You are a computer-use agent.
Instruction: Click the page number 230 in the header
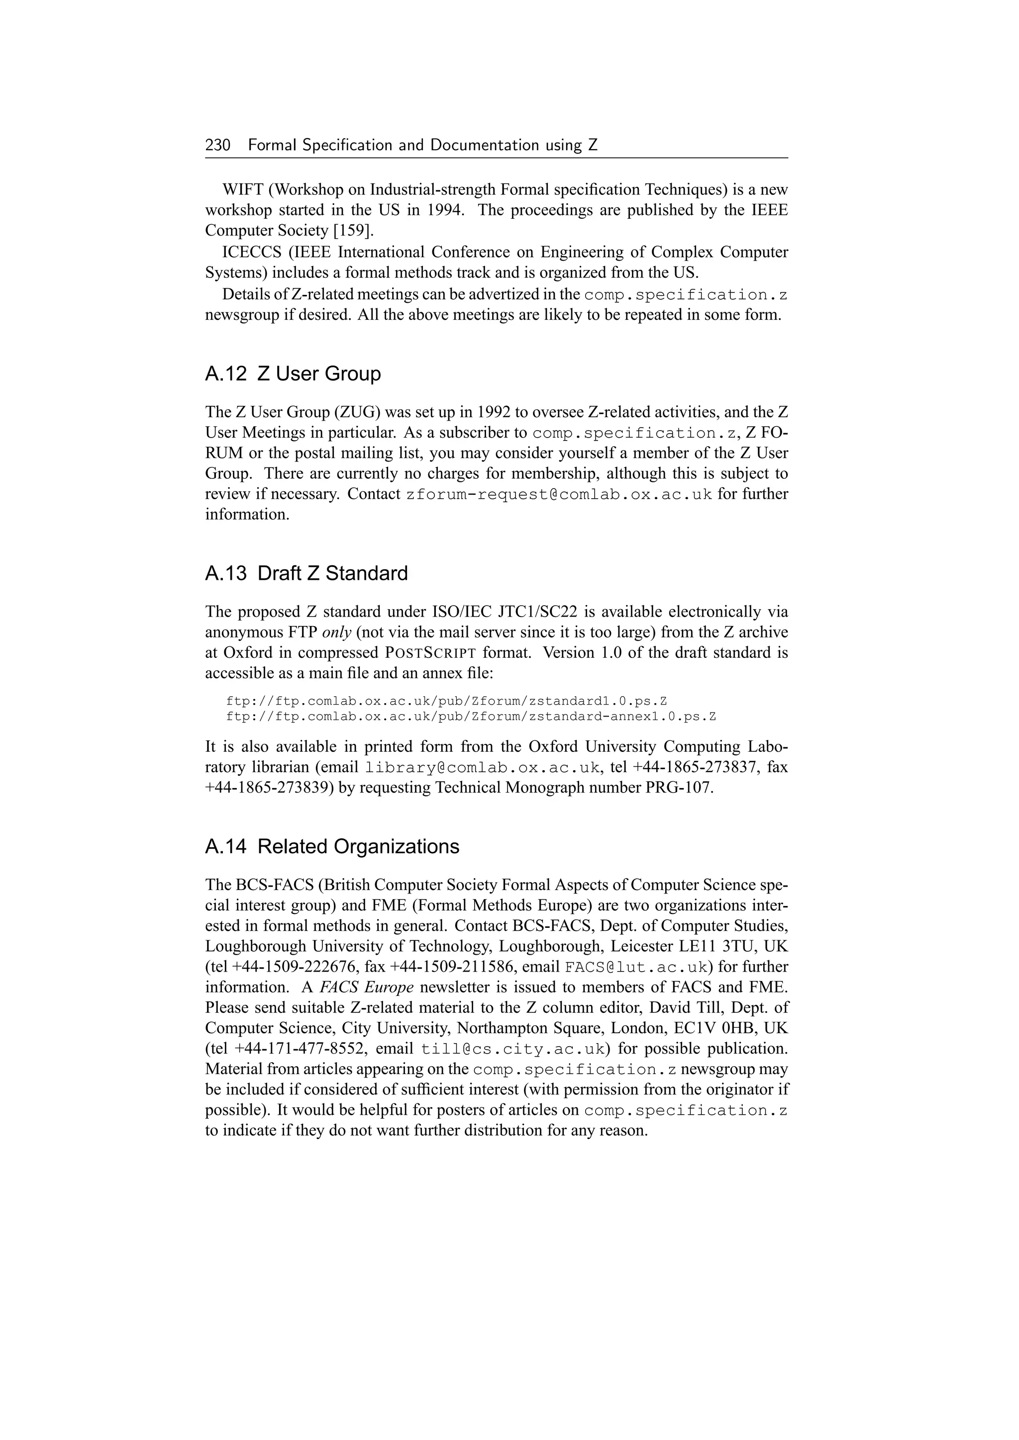[218, 146]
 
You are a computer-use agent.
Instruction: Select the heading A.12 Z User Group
[293, 374]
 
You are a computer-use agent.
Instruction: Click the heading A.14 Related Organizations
[332, 847]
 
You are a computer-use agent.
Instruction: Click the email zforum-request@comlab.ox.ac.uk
[559, 495]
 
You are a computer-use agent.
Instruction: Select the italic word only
[336, 632]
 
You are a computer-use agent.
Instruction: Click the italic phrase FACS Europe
[366, 987]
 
